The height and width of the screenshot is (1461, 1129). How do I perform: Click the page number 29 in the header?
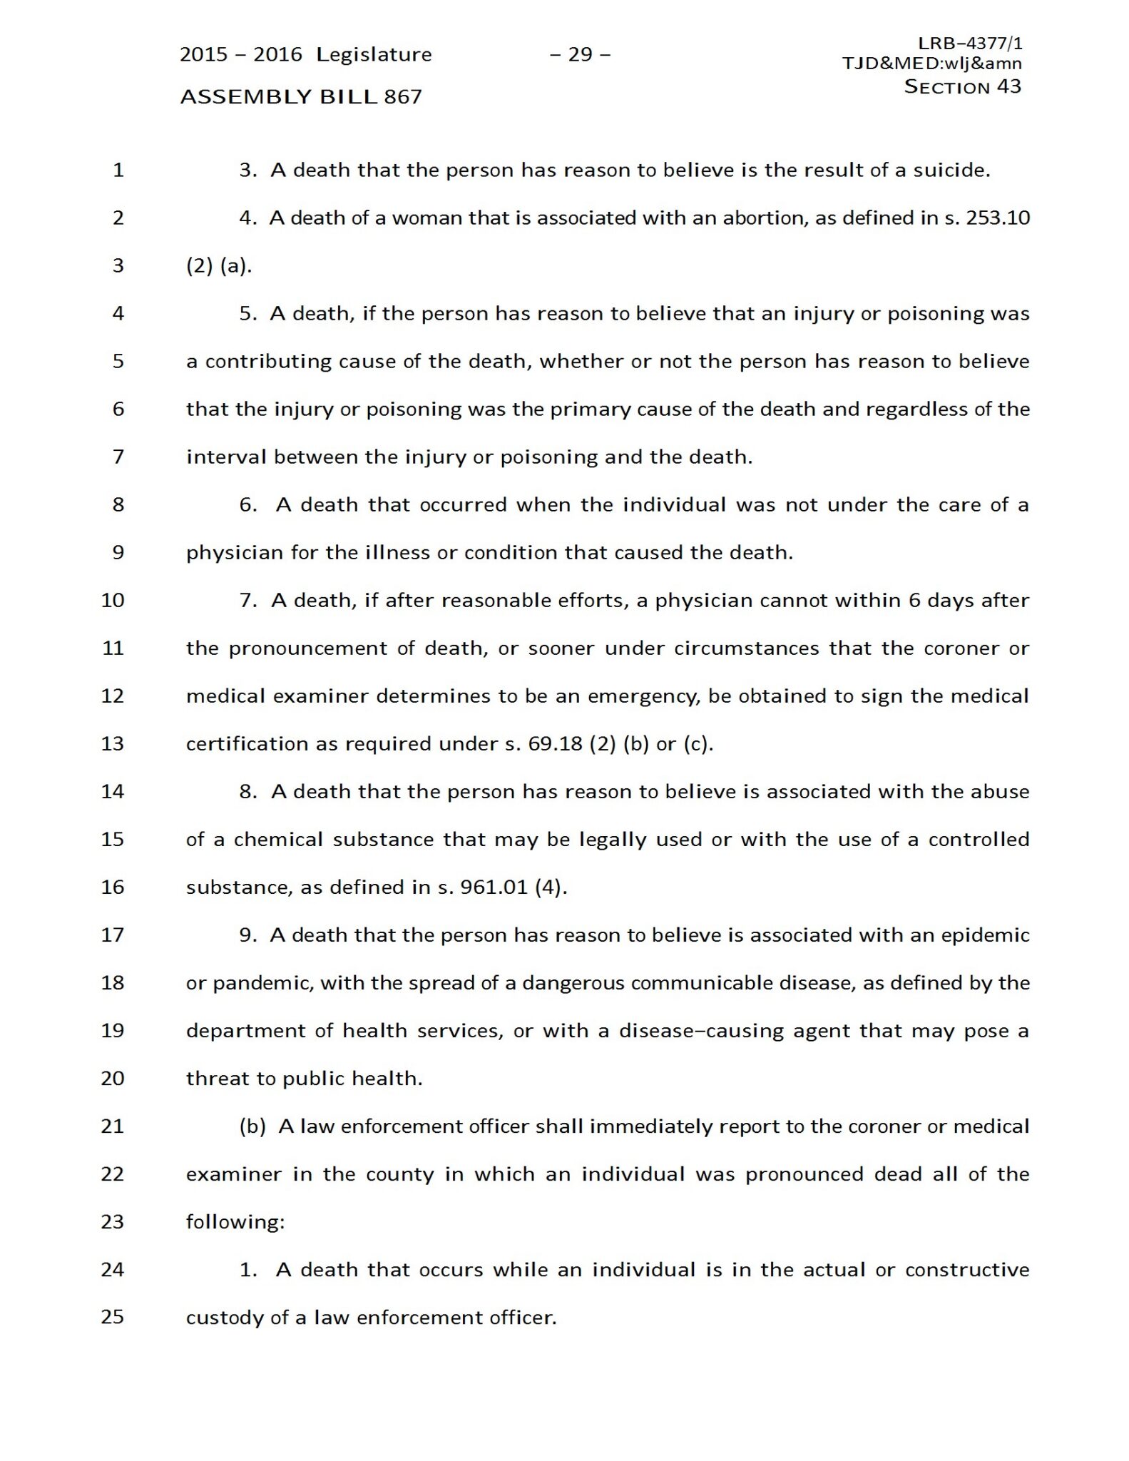(x=580, y=54)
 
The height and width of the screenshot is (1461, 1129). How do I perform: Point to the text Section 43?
(x=962, y=86)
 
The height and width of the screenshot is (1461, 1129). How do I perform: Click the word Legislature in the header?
(x=374, y=54)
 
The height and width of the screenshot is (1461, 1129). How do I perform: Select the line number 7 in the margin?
(x=118, y=457)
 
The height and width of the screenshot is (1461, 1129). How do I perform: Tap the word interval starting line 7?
(x=226, y=457)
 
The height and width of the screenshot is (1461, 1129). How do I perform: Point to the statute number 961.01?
(x=494, y=887)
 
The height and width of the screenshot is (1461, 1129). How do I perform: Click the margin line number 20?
(x=113, y=1079)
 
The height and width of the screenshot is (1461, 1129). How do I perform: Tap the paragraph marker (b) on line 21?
(x=252, y=1126)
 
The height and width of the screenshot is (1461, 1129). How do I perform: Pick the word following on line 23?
(x=235, y=1222)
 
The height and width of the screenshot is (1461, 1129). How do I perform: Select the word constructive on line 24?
(x=966, y=1270)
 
